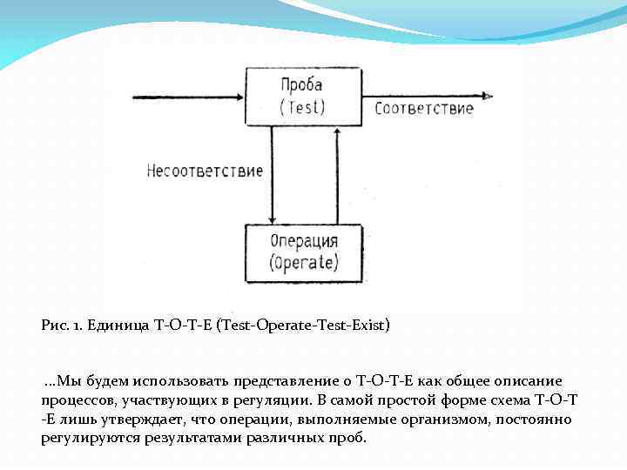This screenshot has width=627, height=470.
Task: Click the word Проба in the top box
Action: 301,85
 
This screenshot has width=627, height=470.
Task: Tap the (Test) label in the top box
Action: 301,107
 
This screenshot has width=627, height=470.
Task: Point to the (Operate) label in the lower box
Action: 304,261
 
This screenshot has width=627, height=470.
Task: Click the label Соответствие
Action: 424,109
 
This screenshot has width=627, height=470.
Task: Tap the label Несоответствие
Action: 205,171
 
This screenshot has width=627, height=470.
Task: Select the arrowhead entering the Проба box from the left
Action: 240,95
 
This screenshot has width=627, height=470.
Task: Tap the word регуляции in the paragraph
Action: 269,399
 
